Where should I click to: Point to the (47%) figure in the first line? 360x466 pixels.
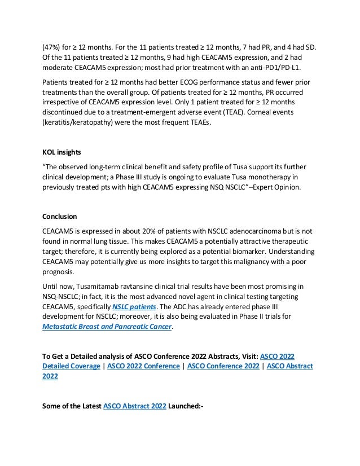pyautogui.click(x=52, y=47)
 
